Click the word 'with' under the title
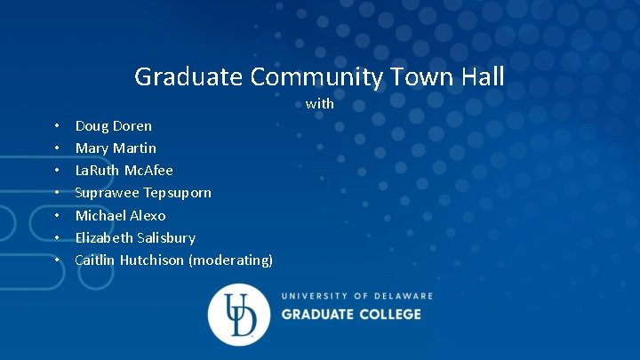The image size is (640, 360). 320,104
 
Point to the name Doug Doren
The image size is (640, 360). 113,125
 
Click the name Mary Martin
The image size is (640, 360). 116,148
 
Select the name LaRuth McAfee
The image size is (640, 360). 124,170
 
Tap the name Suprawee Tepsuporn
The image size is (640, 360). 143,192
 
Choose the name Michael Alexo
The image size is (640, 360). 120,215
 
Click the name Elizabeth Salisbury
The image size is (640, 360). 135,237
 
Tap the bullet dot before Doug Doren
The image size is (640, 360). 56,126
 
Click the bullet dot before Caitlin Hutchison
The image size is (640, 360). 56,260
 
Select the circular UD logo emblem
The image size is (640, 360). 238,315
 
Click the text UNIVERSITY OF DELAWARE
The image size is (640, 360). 357,296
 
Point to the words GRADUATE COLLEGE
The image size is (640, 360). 351,314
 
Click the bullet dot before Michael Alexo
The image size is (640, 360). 56,216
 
